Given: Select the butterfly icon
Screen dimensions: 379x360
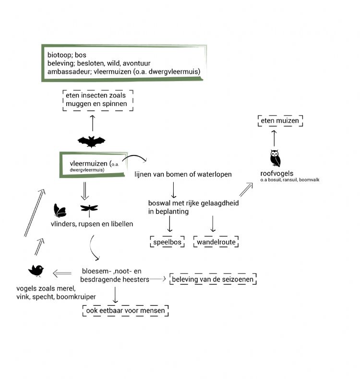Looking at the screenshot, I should [60, 210].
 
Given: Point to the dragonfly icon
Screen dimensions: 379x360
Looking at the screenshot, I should [89, 209].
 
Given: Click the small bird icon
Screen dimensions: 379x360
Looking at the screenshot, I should [36, 271].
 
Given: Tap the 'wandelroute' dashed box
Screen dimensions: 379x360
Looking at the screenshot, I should [216, 242].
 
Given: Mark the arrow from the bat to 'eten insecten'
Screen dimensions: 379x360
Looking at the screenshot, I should [92, 122].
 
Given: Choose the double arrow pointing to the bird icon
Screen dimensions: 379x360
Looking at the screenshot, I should [62, 273].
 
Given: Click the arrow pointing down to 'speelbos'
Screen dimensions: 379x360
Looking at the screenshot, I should [170, 225].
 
